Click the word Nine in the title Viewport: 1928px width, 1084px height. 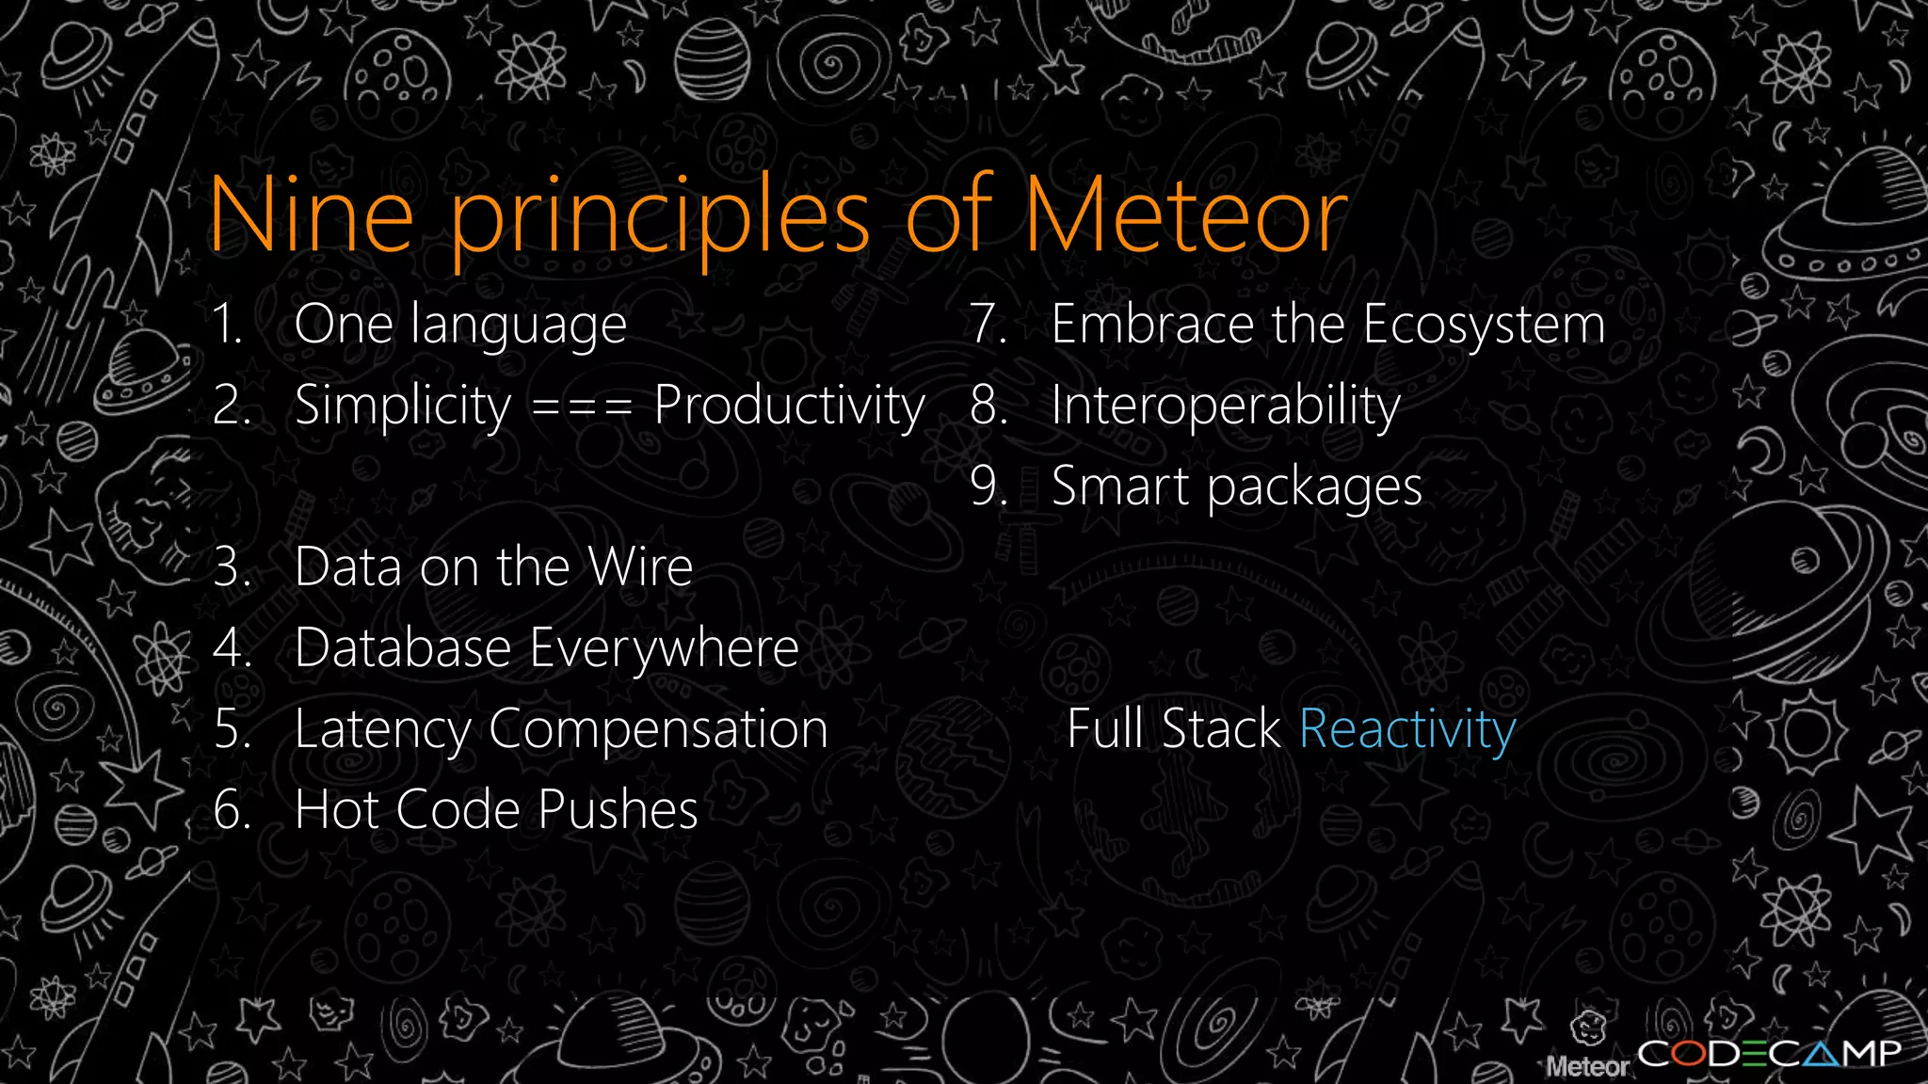pos(312,216)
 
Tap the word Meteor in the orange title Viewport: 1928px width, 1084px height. pos(1186,216)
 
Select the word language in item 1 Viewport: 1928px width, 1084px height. pos(519,327)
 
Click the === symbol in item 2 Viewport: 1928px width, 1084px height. pos(582,407)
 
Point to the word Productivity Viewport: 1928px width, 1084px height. pos(790,407)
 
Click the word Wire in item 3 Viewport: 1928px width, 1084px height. pos(640,567)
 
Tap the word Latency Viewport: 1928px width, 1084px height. pos(382,730)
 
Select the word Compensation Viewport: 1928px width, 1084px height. pos(658,730)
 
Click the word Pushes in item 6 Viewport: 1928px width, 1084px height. pos(618,810)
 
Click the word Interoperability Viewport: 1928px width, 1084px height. pos(1226,407)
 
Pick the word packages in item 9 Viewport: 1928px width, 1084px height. pos(1314,488)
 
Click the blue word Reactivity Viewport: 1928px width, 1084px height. pos(1407,730)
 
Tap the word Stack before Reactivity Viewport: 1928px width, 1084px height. pos(1220,729)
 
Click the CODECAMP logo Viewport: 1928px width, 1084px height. pos(1769,1053)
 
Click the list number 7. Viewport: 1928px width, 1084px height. pos(988,325)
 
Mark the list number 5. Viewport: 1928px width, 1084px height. pos(231,730)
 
